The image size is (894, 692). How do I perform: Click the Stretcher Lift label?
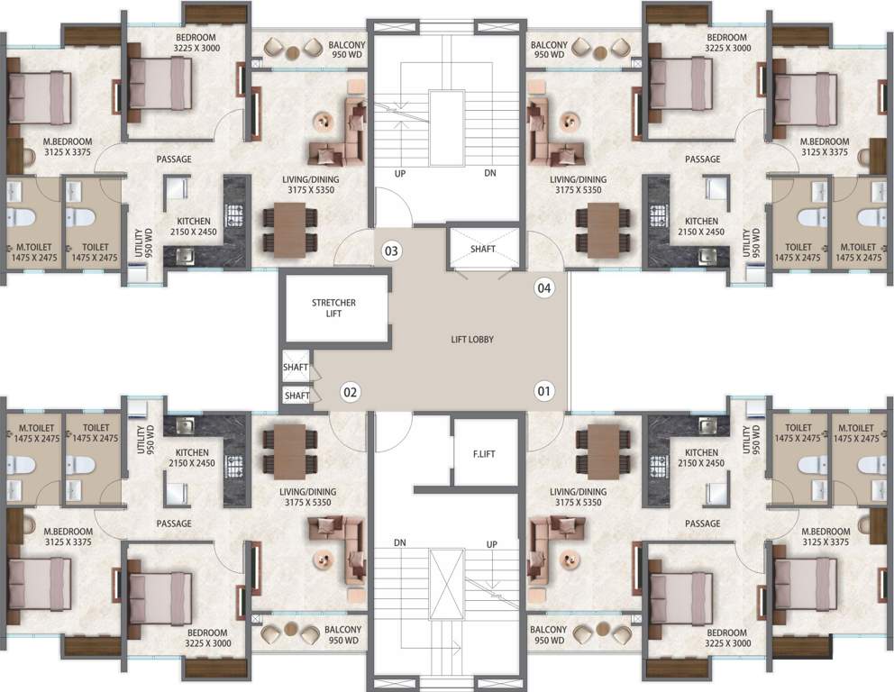333,309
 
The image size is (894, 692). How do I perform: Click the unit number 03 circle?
390,250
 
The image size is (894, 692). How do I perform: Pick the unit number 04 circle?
543,288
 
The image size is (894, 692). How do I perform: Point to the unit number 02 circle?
351,392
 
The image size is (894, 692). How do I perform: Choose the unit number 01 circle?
543,392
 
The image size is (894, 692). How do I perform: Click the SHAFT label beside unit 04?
483,249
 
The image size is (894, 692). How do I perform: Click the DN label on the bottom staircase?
399,544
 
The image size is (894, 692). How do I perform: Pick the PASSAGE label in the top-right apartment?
702,159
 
